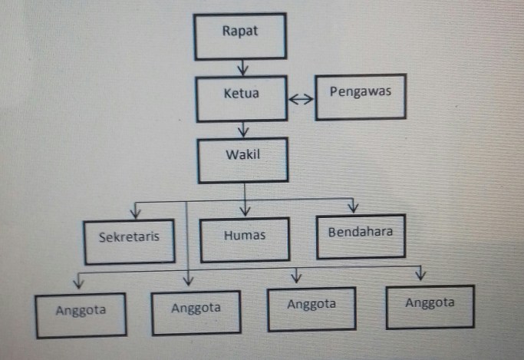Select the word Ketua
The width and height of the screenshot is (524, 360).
click(241, 95)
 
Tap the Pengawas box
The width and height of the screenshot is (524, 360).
click(360, 97)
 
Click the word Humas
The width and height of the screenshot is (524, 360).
click(245, 236)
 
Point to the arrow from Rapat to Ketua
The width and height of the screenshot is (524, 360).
click(243, 69)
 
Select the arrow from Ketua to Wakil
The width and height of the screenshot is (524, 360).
click(243, 128)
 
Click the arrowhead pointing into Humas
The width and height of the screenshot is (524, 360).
click(245, 210)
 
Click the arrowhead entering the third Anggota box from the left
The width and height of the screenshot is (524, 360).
click(295, 277)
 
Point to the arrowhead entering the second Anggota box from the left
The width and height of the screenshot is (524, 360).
click(188, 281)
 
